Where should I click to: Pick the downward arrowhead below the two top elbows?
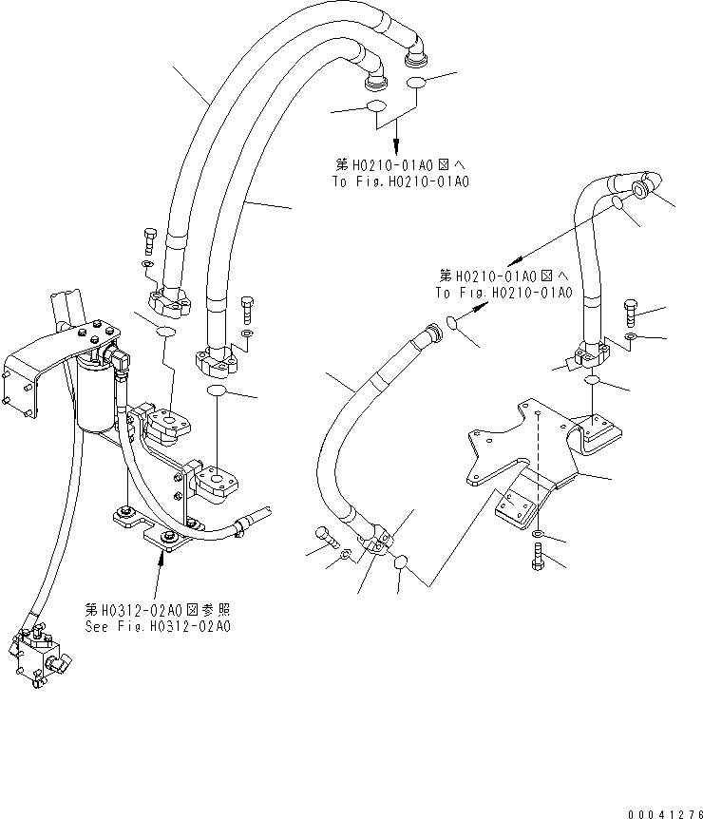396,149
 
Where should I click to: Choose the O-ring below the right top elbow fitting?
417,85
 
